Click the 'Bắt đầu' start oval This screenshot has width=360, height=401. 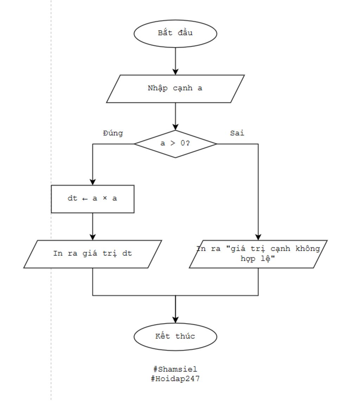(x=175, y=33)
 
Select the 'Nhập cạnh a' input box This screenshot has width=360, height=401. (x=175, y=89)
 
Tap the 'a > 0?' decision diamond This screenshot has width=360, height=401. (x=175, y=144)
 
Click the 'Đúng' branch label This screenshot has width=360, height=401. (x=113, y=133)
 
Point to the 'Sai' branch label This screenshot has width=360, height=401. (x=237, y=133)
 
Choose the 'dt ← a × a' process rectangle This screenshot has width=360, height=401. (x=93, y=199)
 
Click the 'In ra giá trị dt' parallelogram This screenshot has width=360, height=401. (x=93, y=254)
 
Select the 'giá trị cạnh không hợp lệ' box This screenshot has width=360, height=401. (x=258, y=254)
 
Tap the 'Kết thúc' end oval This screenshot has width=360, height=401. (x=175, y=337)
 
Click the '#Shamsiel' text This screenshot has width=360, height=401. (x=175, y=369)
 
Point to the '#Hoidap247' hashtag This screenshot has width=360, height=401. (x=175, y=379)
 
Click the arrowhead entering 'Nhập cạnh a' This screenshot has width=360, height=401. (x=175, y=72)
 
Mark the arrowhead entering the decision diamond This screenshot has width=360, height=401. (x=175, y=127)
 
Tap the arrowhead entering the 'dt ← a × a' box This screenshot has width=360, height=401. (x=93, y=182)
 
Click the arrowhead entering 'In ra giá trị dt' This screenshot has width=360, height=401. (x=93, y=237)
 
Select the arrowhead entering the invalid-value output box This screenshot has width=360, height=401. (x=258, y=237)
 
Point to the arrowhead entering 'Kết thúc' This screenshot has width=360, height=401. (x=175, y=320)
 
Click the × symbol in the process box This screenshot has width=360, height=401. (x=105, y=198)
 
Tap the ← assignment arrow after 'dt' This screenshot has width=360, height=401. (x=85, y=199)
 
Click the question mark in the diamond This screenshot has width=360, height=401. (x=188, y=143)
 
